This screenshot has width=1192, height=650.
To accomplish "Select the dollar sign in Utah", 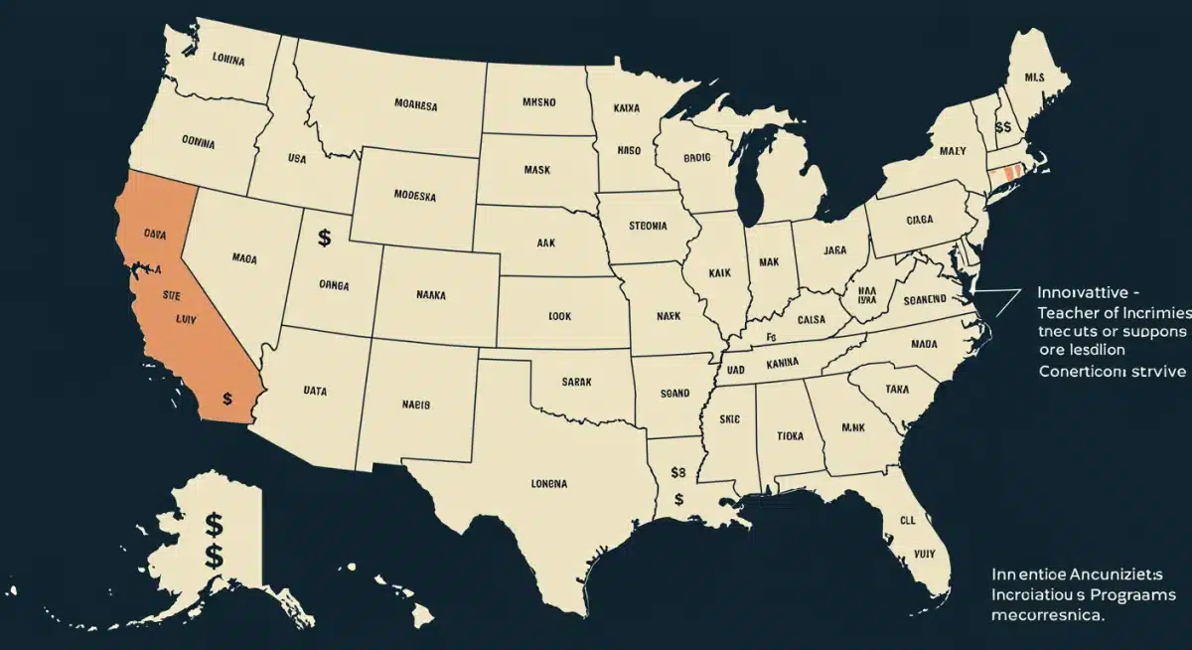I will pos(324,238).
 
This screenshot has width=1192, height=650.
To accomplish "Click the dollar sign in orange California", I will pos(228,399).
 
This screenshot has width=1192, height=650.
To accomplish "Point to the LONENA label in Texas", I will pos(543,484).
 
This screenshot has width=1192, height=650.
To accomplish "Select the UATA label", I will pos(315,393).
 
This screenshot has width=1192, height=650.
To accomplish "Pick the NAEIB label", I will pos(415,405).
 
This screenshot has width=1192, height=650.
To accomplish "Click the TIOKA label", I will pos(790,434).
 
